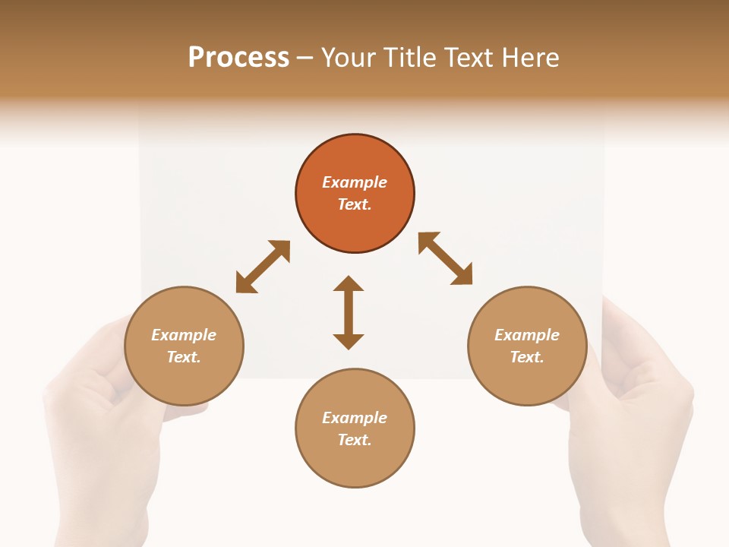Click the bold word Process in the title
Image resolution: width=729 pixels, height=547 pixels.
point(238,58)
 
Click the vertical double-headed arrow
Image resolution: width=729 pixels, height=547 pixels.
point(349,312)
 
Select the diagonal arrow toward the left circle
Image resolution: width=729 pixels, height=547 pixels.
point(263,267)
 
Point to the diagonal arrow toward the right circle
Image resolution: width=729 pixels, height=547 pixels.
point(445,258)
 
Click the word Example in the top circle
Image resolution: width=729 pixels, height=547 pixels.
point(355,182)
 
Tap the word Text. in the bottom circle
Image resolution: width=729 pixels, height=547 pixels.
point(355,440)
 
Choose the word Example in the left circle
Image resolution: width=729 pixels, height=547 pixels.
point(184,335)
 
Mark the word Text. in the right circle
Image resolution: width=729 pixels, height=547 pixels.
point(527,357)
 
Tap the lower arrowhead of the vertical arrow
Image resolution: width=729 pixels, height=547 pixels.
point(349,341)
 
